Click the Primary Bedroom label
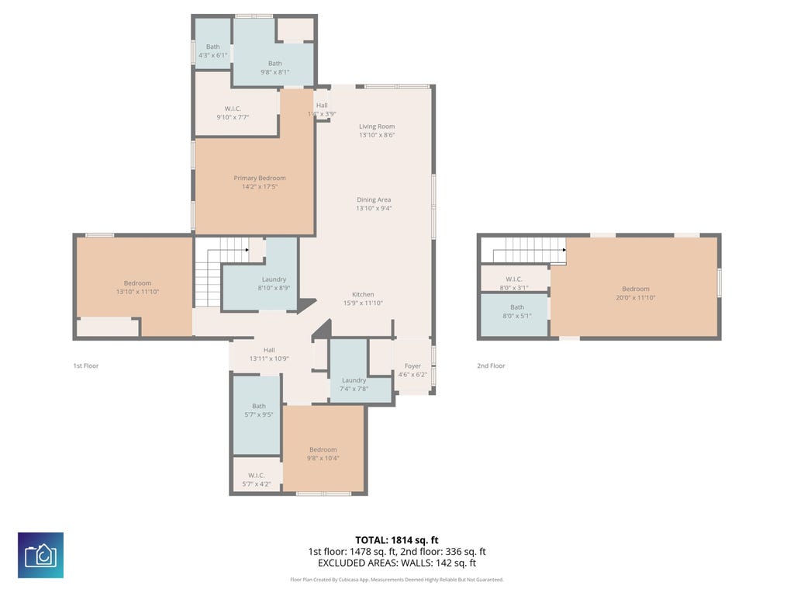[259, 178]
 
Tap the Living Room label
[377, 126]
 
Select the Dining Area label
[374, 199]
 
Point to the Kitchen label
[363, 294]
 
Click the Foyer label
[413, 366]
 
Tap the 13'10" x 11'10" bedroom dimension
[137, 292]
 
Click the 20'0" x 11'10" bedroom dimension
[636, 297]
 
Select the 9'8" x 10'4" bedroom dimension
[323, 458]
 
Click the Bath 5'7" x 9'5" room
[257, 415]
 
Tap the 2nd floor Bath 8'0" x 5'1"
[515, 314]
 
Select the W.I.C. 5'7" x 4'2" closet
[257, 475]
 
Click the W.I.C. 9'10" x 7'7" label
[233, 113]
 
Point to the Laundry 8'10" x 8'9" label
[274, 283]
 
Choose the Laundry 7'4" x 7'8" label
[354, 384]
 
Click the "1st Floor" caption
[86, 366]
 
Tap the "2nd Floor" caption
[491, 366]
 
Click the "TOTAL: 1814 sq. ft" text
[397, 540]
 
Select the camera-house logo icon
[40, 555]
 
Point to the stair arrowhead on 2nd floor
[564, 250]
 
